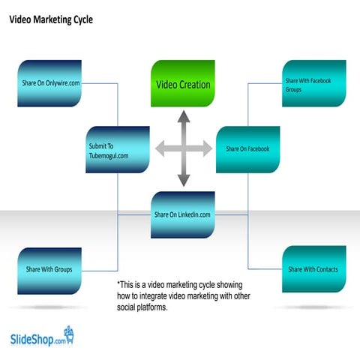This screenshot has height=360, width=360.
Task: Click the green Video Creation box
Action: (x=183, y=84)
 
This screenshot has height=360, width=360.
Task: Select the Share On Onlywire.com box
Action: (x=49, y=83)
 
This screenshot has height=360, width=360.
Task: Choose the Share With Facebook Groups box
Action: (x=314, y=83)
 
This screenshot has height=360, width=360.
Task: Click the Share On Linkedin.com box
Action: (x=183, y=214)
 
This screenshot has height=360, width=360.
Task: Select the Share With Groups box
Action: (x=49, y=269)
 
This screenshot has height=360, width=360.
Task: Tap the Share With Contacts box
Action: (x=314, y=269)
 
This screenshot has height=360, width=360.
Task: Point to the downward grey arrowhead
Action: (x=183, y=181)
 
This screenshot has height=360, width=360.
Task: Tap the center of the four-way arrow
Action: (x=183, y=149)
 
